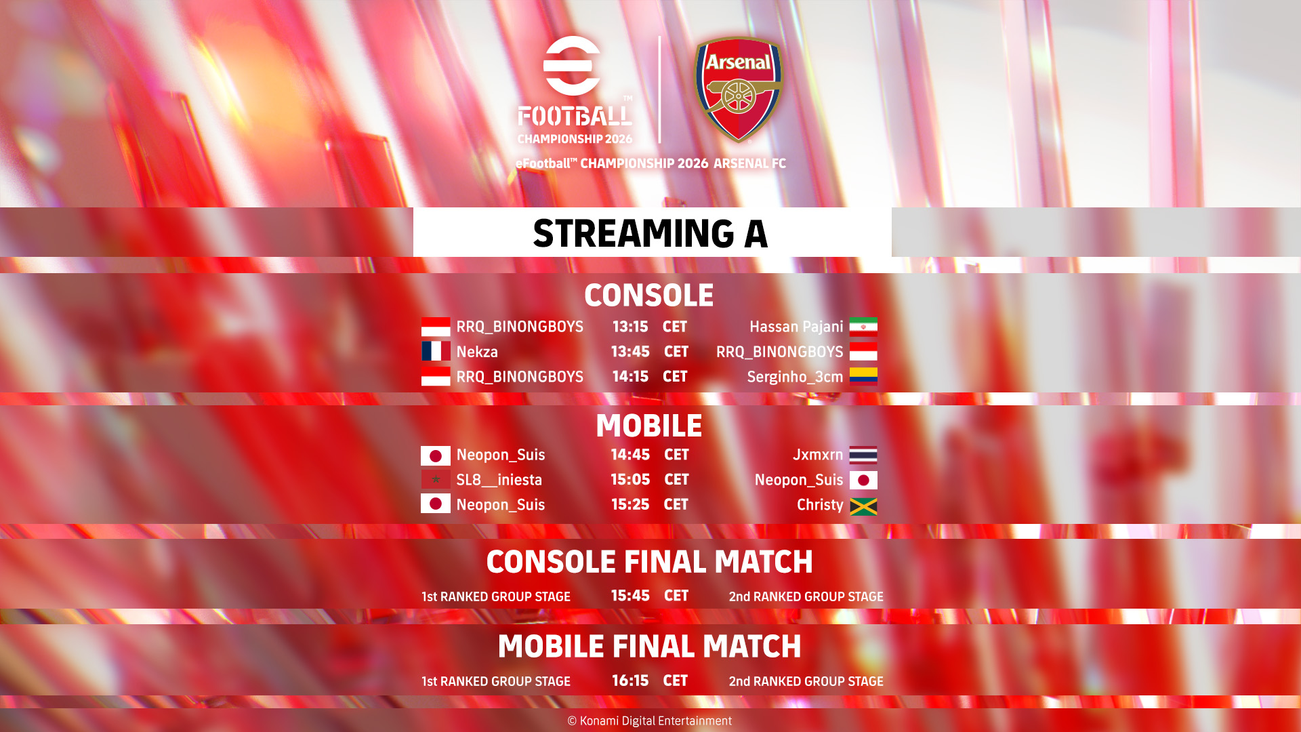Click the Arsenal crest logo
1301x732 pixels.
739,89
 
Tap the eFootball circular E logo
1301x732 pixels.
572,66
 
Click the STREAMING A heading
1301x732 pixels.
650,233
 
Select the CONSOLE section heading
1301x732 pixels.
649,296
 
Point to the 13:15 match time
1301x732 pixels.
630,327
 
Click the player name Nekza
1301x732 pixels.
477,352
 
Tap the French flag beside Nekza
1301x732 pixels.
436,351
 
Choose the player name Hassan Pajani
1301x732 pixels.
796,327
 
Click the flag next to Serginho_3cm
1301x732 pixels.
863,376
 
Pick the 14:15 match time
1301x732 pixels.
630,377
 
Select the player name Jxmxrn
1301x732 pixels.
818,455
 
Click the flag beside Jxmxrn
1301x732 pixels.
863,455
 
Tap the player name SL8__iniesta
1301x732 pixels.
499,480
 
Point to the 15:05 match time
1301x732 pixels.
630,480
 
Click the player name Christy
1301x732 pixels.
820,505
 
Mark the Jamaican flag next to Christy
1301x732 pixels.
863,506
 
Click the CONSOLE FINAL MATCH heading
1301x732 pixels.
649,562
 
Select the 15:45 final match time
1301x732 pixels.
630,596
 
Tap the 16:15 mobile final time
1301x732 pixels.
630,680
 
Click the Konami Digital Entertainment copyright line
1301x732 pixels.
649,721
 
